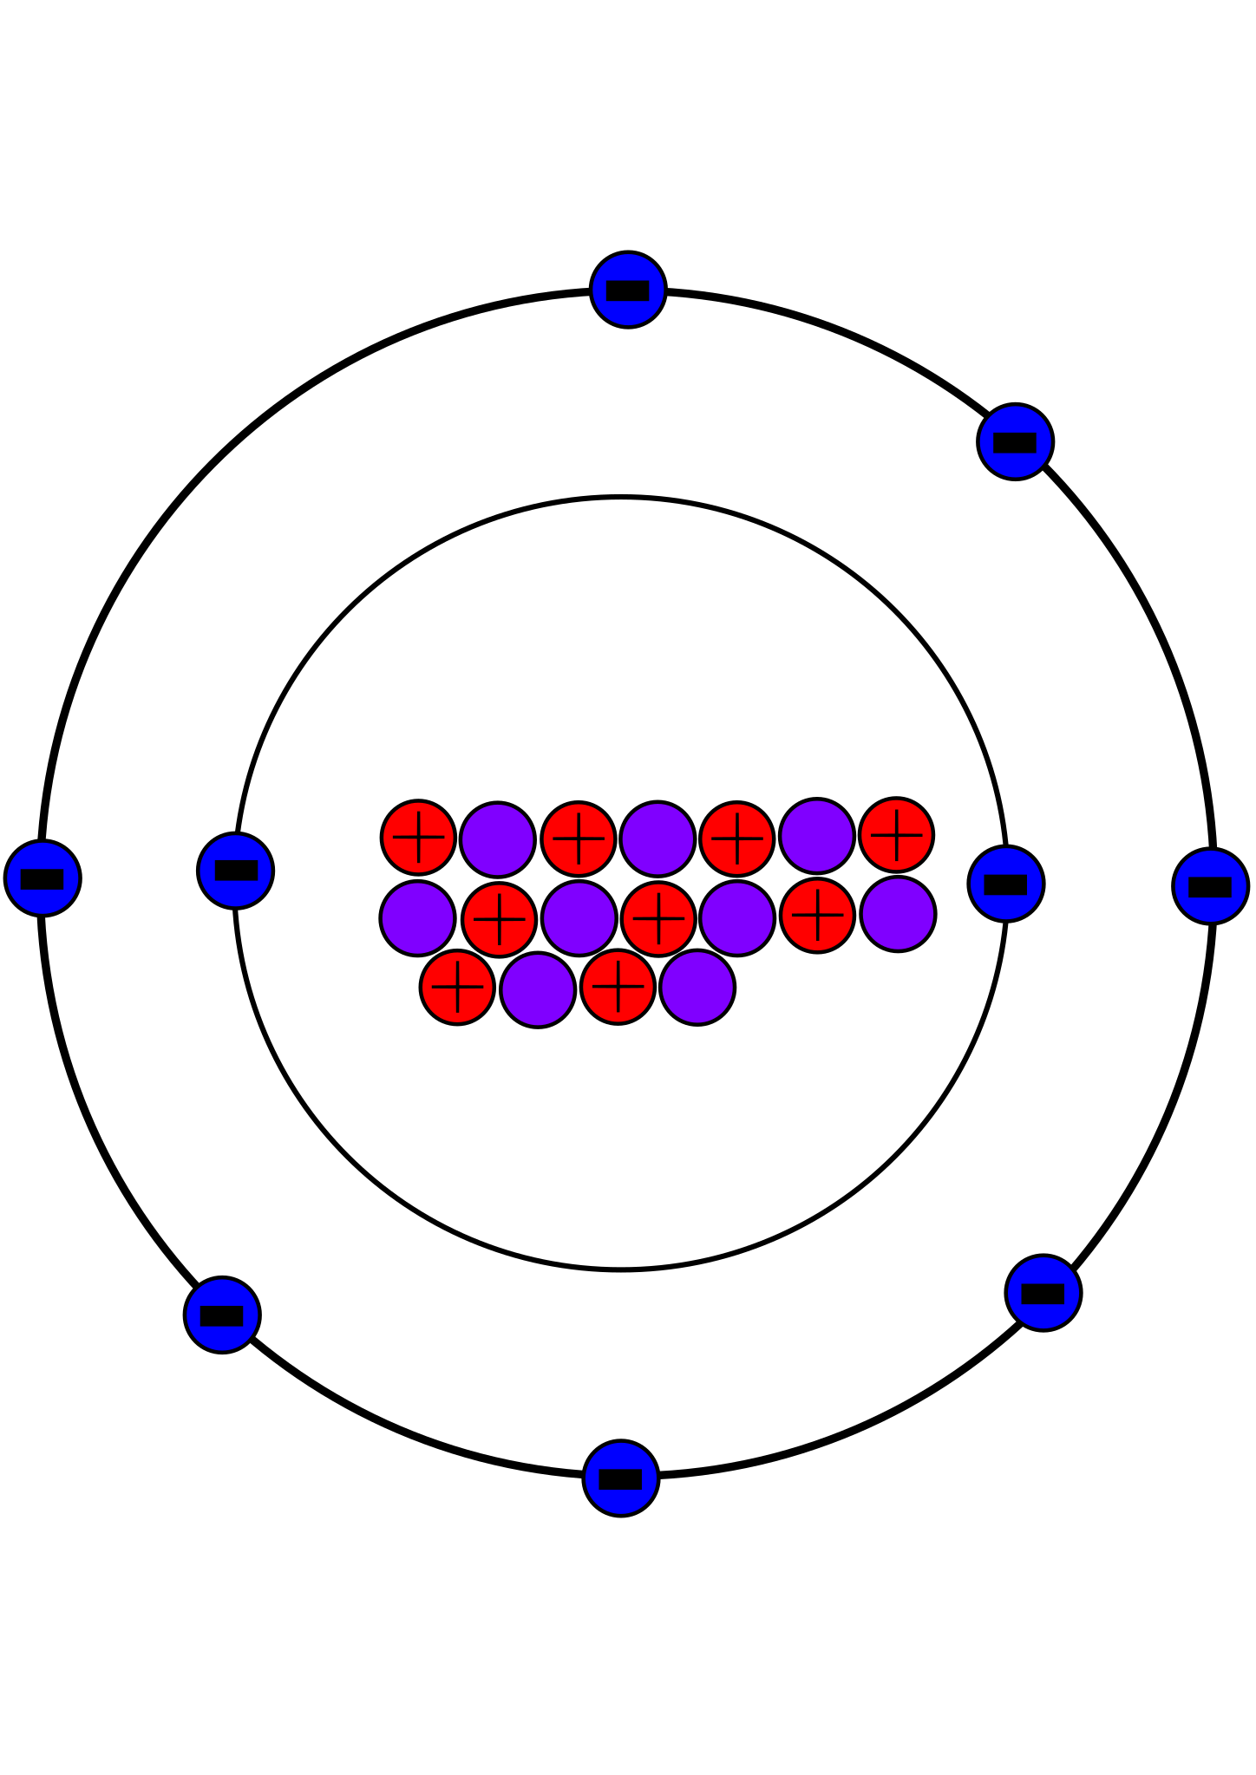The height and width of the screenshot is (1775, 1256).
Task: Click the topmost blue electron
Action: [x=628, y=290]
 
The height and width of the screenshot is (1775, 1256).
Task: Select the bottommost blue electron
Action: [x=620, y=1478]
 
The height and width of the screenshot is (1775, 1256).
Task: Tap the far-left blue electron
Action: [x=43, y=878]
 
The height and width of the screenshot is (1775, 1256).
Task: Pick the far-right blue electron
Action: [x=1210, y=886]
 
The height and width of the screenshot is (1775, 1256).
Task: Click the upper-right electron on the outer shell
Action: [x=1015, y=441]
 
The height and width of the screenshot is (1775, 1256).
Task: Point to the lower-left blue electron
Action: [x=222, y=1315]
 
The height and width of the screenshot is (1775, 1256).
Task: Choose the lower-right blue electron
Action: [x=1043, y=1293]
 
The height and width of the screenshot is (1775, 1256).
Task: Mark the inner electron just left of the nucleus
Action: [x=235, y=871]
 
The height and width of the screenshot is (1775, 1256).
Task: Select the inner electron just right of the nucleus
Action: [x=1005, y=884]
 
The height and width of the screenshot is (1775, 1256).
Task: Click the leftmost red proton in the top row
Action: [x=418, y=838]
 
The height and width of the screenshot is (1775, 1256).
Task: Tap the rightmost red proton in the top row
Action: [x=896, y=835]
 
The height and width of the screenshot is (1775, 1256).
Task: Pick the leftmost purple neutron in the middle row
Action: [x=417, y=918]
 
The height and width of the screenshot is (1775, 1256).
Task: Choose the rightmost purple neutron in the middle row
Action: [x=898, y=914]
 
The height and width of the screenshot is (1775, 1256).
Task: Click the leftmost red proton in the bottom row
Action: [x=457, y=987]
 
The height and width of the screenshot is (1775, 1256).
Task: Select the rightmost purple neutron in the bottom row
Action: [x=697, y=988]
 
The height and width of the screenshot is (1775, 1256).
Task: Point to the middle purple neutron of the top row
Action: [x=657, y=839]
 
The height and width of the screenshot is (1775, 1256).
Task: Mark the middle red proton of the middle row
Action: [x=658, y=919]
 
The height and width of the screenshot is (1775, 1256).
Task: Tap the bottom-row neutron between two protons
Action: [x=538, y=989]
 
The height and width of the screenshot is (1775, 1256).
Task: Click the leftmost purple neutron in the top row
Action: [x=497, y=839]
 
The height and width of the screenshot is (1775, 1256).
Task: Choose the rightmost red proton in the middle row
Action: [x=817, y=916]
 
